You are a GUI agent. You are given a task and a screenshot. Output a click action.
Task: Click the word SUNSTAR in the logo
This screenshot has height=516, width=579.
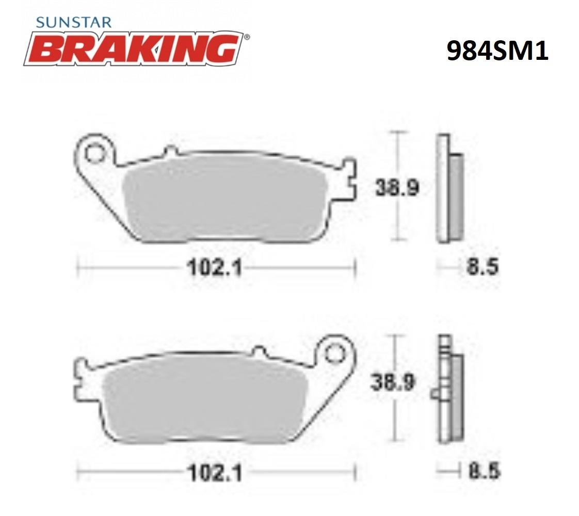tap(74, 23)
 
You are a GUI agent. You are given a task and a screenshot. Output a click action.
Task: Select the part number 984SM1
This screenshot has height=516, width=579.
tap(497, 51)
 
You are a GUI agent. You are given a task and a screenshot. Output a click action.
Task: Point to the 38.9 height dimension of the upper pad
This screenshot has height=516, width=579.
tap(397, 187)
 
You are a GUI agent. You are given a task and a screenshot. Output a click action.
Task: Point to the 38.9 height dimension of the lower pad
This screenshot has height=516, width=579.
tap(393, 382)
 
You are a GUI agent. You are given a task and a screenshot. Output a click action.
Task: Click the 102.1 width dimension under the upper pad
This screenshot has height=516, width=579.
tap(215, 267)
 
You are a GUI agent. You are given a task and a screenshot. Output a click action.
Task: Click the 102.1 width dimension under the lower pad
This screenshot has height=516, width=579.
tap(215, 473)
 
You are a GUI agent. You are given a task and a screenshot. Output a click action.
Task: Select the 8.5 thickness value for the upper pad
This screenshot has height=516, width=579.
tap(482, 266)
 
